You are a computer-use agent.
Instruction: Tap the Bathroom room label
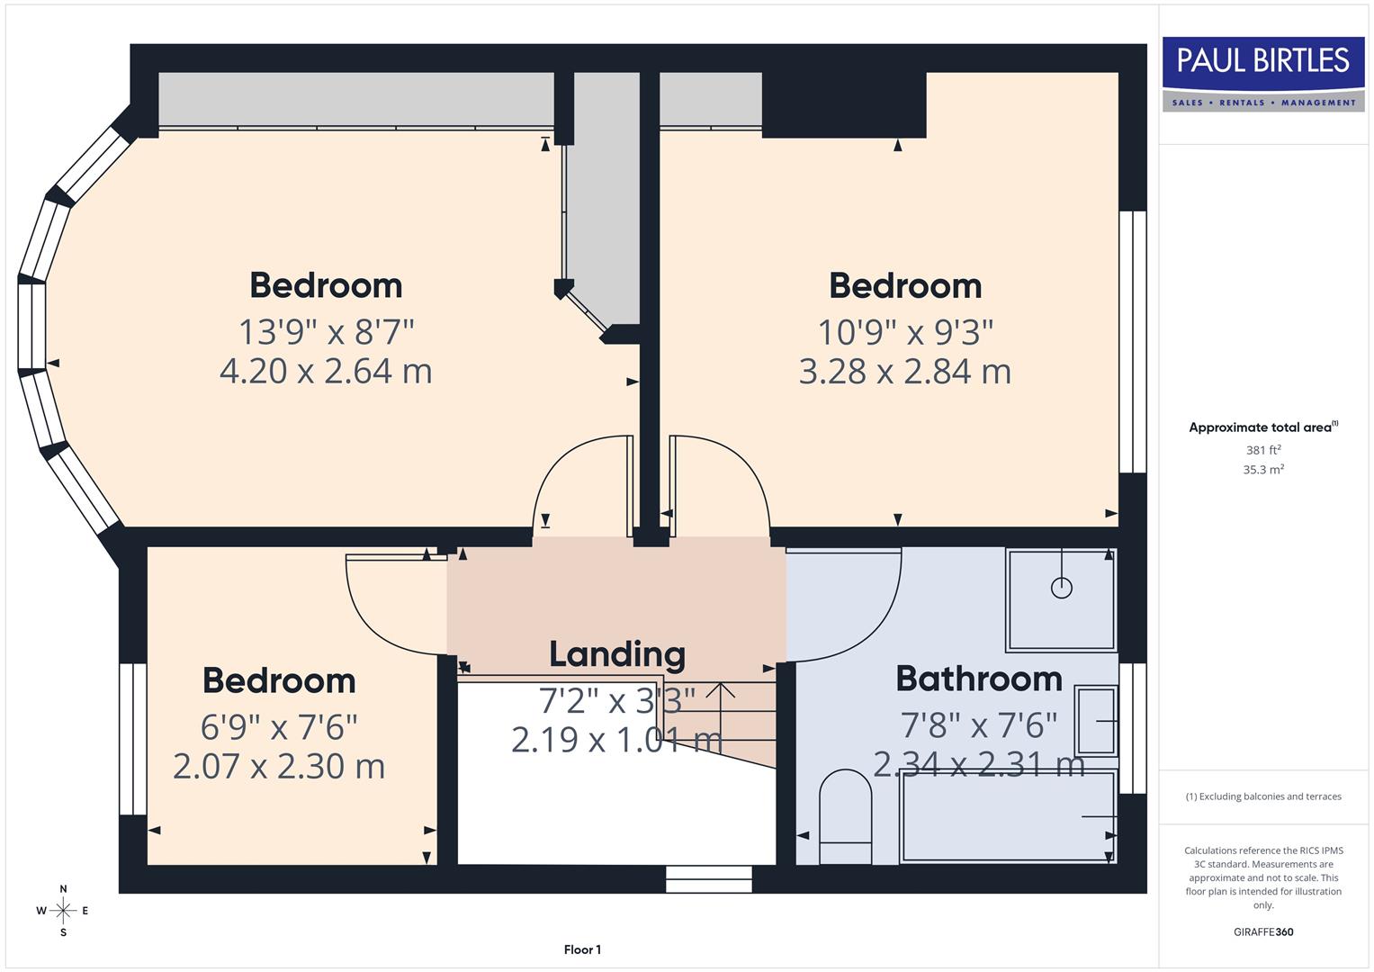click(x=979, y=679)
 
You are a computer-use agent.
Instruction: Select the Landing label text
click(x=617, y=654)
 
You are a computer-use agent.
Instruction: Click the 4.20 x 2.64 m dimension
click(x=326, y=371)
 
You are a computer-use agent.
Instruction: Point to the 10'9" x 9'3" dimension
click(x=905, y=332)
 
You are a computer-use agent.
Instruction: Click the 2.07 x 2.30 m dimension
click(x=279, y=766)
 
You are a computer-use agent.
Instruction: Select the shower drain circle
click(x=1062, y=588)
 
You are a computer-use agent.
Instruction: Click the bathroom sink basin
click(x=1097, y=721)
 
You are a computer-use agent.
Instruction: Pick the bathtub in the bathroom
click(x=1008, y=816)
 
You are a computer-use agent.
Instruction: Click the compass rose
click(x=63, y=911)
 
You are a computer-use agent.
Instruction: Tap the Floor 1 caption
click(x=582, y=949)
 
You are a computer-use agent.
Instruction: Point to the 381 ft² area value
click(x=1263, y=450)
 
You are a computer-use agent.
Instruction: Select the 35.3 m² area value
click(x=1263, y=470)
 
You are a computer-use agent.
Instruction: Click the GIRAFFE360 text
click(x=1263, y=931)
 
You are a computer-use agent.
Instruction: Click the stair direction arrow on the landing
click(x=720, y=691)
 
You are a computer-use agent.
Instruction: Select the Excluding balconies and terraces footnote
click(x=1263, y=796)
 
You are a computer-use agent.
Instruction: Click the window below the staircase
click(x=709, y=879)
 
